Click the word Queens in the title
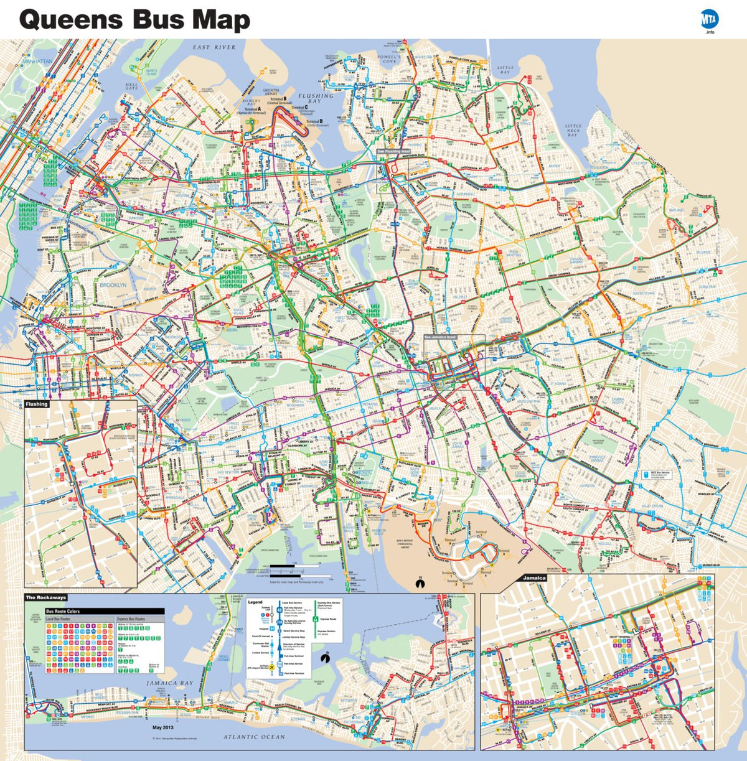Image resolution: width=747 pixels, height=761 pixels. (70, 20)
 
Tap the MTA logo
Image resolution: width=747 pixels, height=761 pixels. (710, 19)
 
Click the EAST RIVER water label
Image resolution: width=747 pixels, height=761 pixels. (214, 47)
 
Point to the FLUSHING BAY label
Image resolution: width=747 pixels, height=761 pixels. (316, 98)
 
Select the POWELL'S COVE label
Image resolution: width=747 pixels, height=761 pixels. (389, 59)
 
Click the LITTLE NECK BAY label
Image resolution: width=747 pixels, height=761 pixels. (573, 130)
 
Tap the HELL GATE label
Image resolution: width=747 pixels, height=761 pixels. (131, 86)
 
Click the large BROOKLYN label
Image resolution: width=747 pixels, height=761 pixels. (113, 284)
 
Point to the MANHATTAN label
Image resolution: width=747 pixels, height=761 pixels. (37, 62)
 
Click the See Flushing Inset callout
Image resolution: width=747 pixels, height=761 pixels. (393, 151)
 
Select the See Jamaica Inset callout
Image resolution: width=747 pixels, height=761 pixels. (440, 337)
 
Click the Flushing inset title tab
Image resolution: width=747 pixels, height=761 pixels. (37, 404)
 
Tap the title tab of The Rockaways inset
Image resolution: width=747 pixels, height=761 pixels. (45, 598)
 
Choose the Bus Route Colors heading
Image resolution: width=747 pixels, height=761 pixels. (63, 612)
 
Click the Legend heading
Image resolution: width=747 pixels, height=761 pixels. (255, 602)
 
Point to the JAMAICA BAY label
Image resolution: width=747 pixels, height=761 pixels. (169, 683)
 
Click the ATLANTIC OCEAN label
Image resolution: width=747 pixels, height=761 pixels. (254, 737)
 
